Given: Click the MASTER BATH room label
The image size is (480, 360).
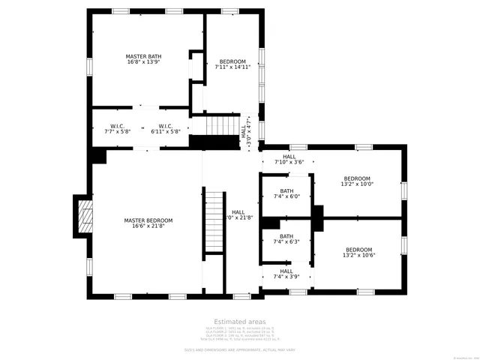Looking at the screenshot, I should click(x=143, y=56).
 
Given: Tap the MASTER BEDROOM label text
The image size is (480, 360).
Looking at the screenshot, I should click(x=148, y=220).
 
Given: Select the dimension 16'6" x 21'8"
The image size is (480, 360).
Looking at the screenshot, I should click(x=148, y=226).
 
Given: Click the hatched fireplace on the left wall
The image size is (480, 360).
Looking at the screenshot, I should click(x=85, y=216).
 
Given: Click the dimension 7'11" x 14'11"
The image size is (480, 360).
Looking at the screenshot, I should click(x=232, y=67).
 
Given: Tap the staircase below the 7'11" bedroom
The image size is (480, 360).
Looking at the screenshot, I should click(x=222, y=124).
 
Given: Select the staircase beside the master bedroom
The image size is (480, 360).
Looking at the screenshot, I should click(x=214, y=223).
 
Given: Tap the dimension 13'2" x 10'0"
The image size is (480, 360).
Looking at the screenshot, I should click(x=357, y=184).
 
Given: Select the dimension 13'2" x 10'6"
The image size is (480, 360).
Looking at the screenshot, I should click(x=358, y=255).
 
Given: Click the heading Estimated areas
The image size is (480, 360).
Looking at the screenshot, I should click(x=239, y=321).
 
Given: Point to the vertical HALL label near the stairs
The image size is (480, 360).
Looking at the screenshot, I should click(x=243, y=130).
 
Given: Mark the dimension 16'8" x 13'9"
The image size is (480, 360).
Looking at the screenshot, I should click(x=143, y=62).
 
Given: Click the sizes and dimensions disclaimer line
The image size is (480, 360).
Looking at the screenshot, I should click(x=239, y=349).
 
